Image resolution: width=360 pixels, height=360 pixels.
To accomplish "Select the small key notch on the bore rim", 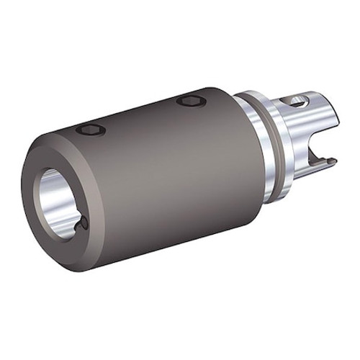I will click(81, 225).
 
